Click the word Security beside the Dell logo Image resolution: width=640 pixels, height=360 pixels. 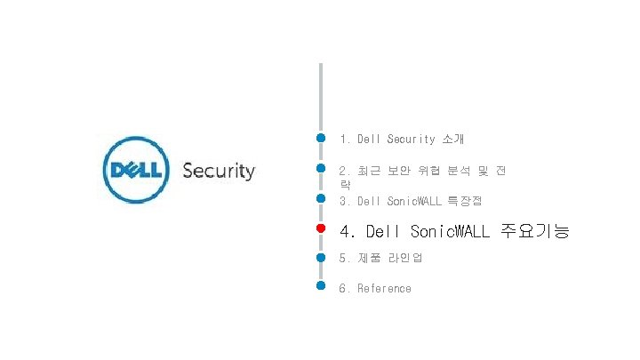tap(219, 171)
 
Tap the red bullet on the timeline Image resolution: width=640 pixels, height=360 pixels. tap(321, 229)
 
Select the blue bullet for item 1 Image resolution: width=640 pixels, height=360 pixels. tap(321, 139)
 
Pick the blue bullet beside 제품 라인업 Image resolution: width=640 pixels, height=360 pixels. tap(321, 258)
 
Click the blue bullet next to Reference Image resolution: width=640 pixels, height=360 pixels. tap(321, 287)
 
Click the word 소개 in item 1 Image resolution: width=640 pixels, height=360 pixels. tap(452, 140)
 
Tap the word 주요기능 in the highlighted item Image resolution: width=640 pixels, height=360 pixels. tap(535, 231)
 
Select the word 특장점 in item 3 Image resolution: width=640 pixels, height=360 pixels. tap(465, 201)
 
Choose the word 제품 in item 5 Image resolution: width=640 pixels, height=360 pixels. tap(367, 258)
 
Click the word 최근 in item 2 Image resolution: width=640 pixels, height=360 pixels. tap(367, 170)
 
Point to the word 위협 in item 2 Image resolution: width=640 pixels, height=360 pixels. tap(429, 170)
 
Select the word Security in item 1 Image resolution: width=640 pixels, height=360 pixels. tap(411, 140)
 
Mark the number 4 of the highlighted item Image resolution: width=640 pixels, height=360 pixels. tap(347, 231)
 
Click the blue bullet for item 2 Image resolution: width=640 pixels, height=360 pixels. tap(321, 168)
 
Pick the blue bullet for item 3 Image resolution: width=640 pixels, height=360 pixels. tap(321, 198)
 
